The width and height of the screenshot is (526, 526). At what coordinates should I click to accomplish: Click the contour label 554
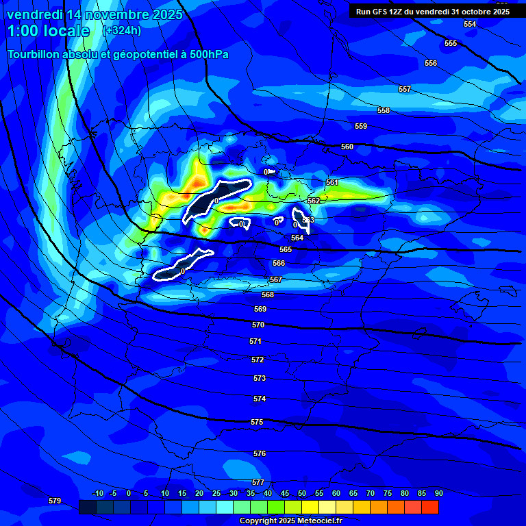(x=470, y=24)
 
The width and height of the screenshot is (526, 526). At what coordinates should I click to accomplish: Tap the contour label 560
(x=347, y=147)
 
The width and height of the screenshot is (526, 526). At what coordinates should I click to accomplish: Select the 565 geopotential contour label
(x=286, y=249)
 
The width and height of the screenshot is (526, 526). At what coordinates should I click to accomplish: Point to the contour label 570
(x=258, y=325)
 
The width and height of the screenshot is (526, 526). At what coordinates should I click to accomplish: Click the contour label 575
(x=257, y=423)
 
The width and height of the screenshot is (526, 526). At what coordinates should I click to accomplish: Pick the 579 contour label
(x=55, y=501)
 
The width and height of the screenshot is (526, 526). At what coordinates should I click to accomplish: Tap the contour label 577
(x=258, y=483)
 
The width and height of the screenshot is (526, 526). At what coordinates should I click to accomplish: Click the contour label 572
(x=258, y=360)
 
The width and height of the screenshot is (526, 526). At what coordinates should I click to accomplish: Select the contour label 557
(x=405, y=89)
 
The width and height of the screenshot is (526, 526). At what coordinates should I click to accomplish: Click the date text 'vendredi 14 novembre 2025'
(x=95, y=14)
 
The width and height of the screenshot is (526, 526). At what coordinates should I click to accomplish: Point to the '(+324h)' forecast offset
(x=122, y=31)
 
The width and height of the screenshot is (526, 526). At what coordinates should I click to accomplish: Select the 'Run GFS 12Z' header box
(x=433, y=11)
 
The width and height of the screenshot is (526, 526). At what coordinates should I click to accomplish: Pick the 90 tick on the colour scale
(x=438, y=494)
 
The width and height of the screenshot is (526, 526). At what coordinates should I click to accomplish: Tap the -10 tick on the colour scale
(x=97, y=494)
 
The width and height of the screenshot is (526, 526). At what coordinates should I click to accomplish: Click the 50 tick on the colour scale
(x=302, y=494)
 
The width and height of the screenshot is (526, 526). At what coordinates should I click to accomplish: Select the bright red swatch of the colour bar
(x=430, y=507)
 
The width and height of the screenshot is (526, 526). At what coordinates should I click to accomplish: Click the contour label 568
(x=268, y=295)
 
